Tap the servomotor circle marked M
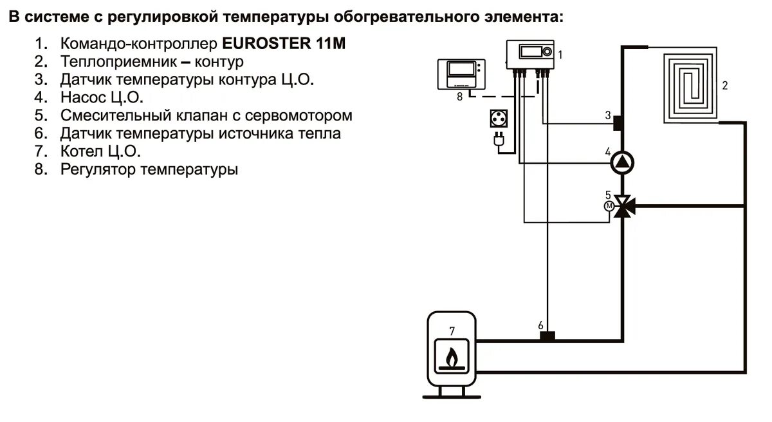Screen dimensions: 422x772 coord(608,206)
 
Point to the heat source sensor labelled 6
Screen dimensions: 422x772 coord(547,336)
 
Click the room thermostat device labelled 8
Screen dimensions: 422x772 coord(461,75)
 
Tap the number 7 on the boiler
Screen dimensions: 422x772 coord(452,331)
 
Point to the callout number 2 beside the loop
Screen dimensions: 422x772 coord(725,85)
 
